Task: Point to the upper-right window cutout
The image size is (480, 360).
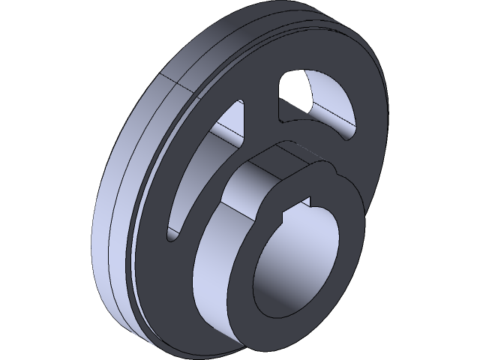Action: coord(319,105)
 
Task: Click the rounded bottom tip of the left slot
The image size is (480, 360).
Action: coord(171,235)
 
